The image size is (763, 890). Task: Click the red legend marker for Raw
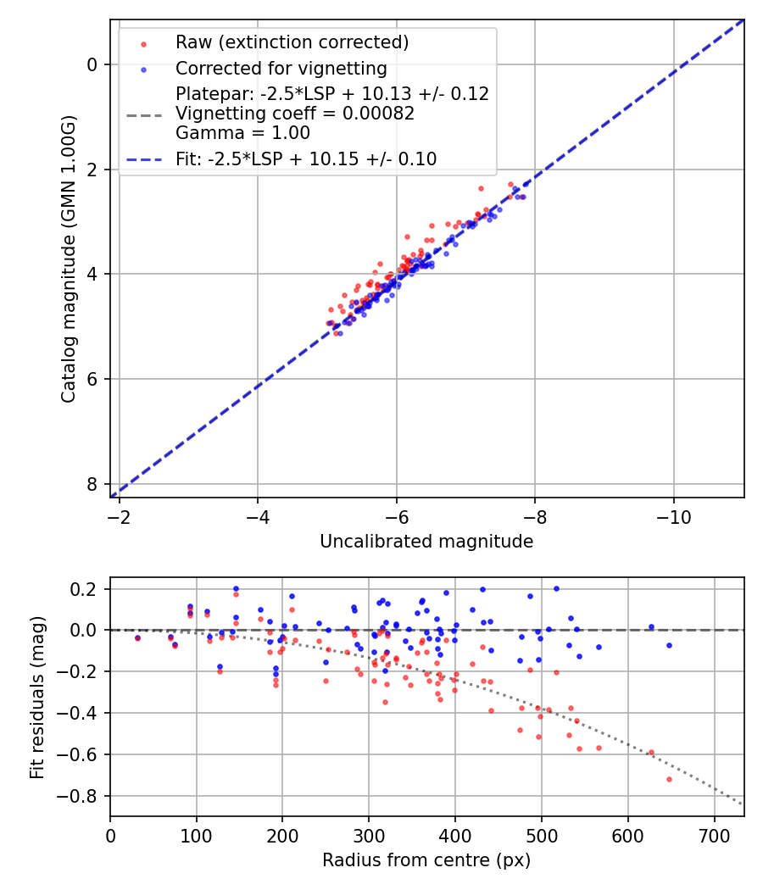[143, 44]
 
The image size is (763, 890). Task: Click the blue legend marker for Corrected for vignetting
[143, 70]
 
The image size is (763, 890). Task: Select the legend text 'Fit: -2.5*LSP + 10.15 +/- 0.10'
[306, 159]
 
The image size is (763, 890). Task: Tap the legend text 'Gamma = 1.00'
[242, 133]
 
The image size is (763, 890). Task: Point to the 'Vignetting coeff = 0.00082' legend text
[295, 114]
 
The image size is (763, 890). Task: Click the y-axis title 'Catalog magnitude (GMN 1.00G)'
[68, 259]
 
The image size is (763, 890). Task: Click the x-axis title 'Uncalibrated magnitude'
[426, 542]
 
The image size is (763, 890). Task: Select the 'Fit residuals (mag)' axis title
[37, 698]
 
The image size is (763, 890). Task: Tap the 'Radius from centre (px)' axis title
[426, 860]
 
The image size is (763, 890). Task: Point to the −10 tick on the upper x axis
[674, 517]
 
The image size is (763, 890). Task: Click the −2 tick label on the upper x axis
[119, 517]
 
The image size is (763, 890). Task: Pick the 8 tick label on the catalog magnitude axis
[92, 484]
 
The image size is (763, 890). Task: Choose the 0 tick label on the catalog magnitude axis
[92, 64]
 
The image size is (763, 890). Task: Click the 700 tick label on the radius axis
[714, 836]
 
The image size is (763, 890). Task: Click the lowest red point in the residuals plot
[669, 780]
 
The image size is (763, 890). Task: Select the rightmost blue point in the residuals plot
[669, 646]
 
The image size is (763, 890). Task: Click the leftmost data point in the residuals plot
[137, 638]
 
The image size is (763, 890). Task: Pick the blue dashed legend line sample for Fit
[143, 160]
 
